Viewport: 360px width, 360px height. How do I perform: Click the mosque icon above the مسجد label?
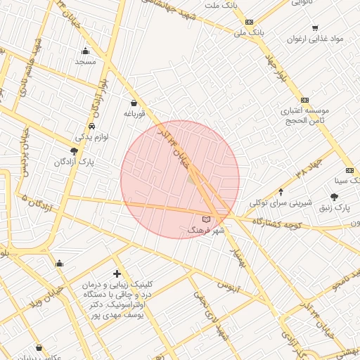click(x=86, y=51)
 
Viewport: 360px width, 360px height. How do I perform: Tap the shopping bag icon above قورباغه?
click(x=133, y=103)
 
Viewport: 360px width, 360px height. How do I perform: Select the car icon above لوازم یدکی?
click(x=92, y=126)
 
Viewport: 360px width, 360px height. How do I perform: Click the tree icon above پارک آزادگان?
click(x=74, y=151)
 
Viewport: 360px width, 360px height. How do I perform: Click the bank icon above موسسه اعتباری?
click(x=304, y=100)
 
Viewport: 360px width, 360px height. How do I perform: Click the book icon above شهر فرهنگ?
click(x=206, y=221)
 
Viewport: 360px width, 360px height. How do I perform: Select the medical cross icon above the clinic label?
click(x=117, y=273)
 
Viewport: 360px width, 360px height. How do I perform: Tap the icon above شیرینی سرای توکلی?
click(x=281, y=191)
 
